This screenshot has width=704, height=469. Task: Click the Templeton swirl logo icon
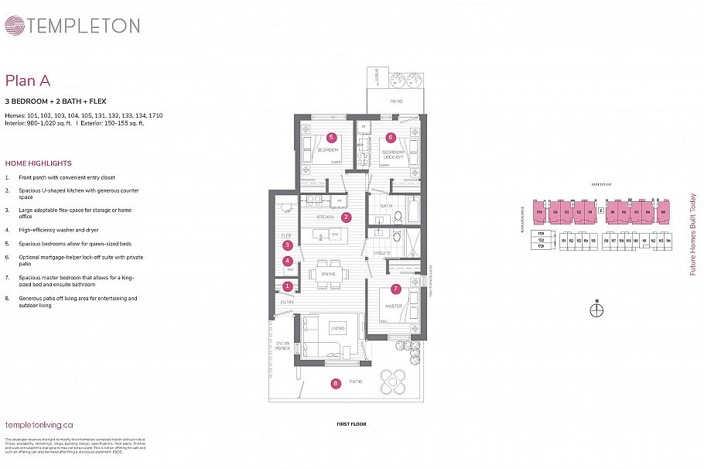pos(15,26)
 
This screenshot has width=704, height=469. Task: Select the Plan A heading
pos(28,80)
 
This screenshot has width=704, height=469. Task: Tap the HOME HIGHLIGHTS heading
pos(38,163)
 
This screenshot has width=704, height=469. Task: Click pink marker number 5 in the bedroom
pos(331,137)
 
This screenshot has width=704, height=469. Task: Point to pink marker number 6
pos(391,138)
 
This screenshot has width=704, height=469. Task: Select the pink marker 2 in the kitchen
pos(347,217)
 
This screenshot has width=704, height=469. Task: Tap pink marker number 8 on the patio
pos(335,382)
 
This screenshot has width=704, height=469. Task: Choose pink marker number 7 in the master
pos(395,289)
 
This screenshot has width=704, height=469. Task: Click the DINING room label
pos(328,272)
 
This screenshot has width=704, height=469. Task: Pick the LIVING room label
pos(337,328)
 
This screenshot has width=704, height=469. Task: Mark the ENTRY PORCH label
pos(282,346)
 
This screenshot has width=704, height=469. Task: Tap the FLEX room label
pos(285,234)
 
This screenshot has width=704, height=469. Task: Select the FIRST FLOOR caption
pos(351,424)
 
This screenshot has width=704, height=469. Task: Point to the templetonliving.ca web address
pos(39,424)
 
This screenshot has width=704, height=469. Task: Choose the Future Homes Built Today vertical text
pos(692,234)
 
